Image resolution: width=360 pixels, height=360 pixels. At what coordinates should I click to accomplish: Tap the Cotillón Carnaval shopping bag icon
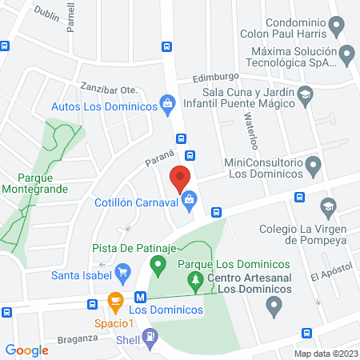[x=190, y=199]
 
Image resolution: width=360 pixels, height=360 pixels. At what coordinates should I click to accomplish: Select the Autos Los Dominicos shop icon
[x=167, y=102]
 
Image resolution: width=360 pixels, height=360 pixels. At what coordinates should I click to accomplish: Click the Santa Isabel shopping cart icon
[x=122, y=274]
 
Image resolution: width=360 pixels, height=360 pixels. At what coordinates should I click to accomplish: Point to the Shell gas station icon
[x=150, y=339]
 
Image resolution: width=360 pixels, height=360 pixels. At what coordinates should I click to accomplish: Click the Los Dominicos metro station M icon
[x=140, y=295]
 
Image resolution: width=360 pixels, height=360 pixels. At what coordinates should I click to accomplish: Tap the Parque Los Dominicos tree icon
[x=193, y=279]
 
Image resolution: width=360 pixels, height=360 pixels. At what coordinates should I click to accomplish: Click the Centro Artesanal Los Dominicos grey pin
[x=274, y=305]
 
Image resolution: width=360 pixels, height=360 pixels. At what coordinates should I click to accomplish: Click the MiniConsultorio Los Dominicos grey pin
[x=314, y=166]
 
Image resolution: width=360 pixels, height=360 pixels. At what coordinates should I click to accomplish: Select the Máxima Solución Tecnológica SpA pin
[x=346, y=55]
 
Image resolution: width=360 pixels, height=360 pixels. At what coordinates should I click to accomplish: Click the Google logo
[x=26, y=350]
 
